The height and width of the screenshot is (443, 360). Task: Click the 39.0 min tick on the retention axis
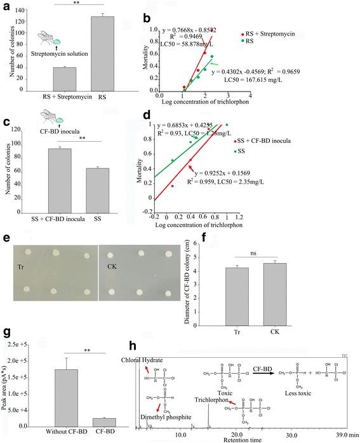pyautogui.click(x=343, y=434)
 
